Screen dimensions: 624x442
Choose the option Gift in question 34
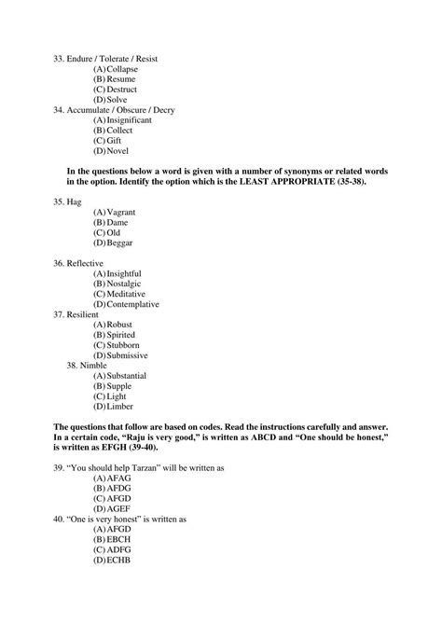[117, 140]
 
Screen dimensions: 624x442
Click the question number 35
[59, 201]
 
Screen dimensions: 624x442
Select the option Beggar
[120, 243]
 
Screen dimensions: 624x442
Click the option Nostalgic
[126, 283]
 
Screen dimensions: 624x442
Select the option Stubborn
[124, 344]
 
